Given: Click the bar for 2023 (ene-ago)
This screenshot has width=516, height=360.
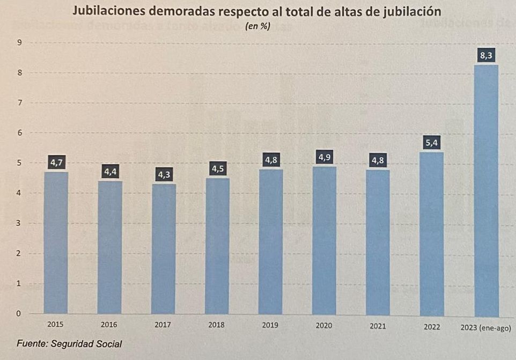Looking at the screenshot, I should [x=486, y=190].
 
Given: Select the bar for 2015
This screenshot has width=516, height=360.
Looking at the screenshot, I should [x=56, y=243].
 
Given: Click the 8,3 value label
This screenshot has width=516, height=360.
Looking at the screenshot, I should [x=485, y=55].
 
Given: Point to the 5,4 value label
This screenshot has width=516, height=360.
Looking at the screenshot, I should [x=432, y=143].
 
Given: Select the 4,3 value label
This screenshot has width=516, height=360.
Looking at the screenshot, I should [x=164, y=175].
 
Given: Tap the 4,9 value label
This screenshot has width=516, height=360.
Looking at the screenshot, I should [x=325, y=157].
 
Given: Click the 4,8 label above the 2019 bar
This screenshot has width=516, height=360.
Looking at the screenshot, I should [x=271, y=160].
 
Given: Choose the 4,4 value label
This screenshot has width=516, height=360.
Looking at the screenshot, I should [x=110, y=172].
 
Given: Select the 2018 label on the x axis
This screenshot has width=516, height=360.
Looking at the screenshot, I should [x=217, y=325].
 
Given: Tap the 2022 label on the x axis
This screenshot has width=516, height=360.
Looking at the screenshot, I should [x=431, y=326].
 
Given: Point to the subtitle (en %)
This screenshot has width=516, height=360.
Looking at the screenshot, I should [x=257, y=27].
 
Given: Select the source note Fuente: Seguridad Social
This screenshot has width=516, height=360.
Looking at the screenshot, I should [x=69, y=344].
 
